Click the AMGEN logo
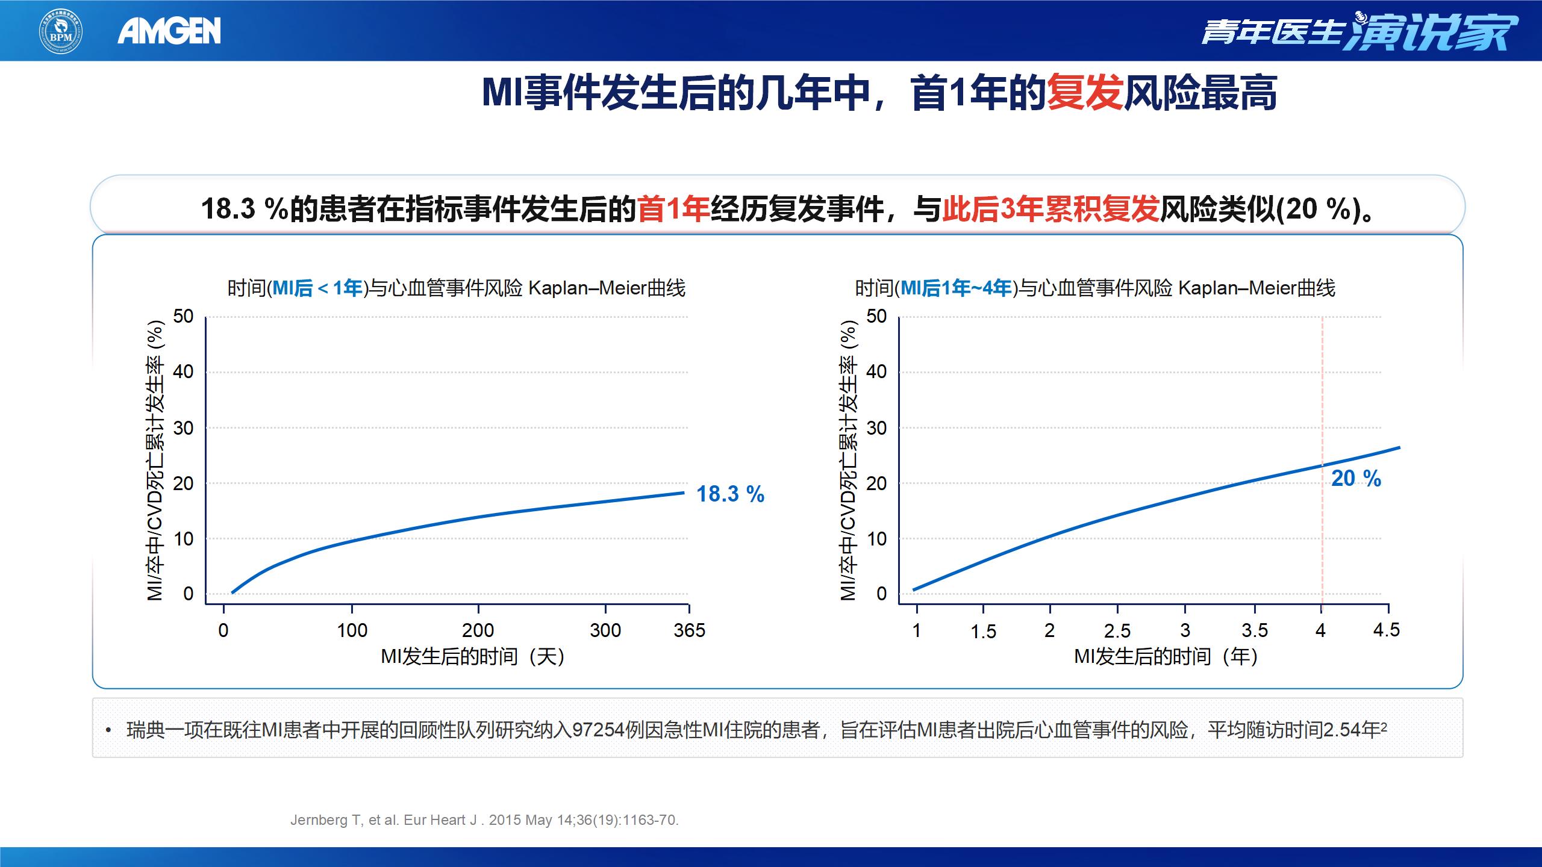pyautogui.click(x=169, y=31)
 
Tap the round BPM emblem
pyautogui.click(x=61, y=31)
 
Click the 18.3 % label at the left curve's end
pyautogui.click(x=730, y=494)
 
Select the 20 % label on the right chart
pyautogui.click(x=1356, y=479)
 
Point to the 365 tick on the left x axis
pyautogui.click(x=689, y=630)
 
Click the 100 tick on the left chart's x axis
pyautogui.click(x=352, y=630)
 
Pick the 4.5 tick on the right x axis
pyautogui.click(x=1386, y=630)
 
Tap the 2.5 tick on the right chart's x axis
pyautogui.click(x=1117, y=631)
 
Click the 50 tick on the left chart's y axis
pyautogui.click(x=183, y=316)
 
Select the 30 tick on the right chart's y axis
pyautogui.click(x=876, y=428)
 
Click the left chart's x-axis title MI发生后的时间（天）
pyautogui.click(x=473, y=656)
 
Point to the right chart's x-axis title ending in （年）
pyautogui.click(x=1166, y=656)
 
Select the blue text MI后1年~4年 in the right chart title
pyautogui.click(x=956, y=288)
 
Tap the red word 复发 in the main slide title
pyautogui.click(x=1085, y=93)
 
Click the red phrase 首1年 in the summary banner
pyautogui.click(x=673, y=210)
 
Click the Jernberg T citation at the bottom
pyautogui.click(x=484, y=820)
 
